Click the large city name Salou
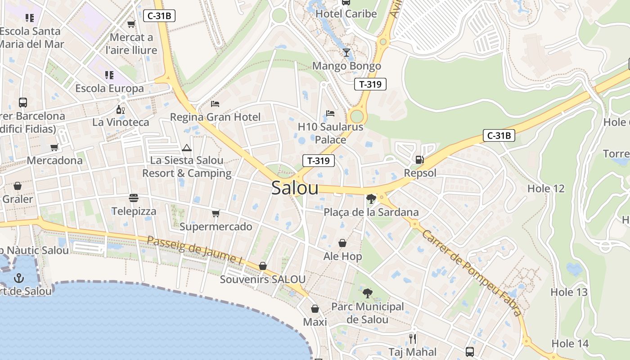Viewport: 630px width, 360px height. tap(295, 188)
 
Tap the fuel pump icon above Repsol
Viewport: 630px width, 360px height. tap(419, 159)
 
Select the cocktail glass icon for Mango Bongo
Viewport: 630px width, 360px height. tap(346, 53)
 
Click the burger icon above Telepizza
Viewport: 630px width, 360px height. tap(134, 198)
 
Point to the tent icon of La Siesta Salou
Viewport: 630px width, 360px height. tap(186, 148)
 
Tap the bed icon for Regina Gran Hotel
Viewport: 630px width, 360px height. tap(215, 104)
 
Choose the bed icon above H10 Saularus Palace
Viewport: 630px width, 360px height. tap(330, 113)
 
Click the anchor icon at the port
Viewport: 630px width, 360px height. tap(18, 278)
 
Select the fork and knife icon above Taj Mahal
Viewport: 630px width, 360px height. tap(412, 338)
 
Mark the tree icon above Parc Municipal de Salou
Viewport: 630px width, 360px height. tap(367, 293)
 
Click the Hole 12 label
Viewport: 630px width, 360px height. tap(545, 189)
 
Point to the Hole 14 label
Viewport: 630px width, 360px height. tap(570, 343)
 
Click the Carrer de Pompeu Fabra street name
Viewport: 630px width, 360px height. tap(472, 273)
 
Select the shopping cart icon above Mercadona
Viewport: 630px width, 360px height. tap(54, 147)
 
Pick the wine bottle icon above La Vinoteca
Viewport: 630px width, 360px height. tap(120, 109)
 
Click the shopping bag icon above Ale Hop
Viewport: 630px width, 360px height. tap(342, 243)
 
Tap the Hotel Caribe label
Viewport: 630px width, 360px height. tap(346, 14)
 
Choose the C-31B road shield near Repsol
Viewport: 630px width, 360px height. tap(499, 135)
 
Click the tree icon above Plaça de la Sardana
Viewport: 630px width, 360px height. tap(371, 198)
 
